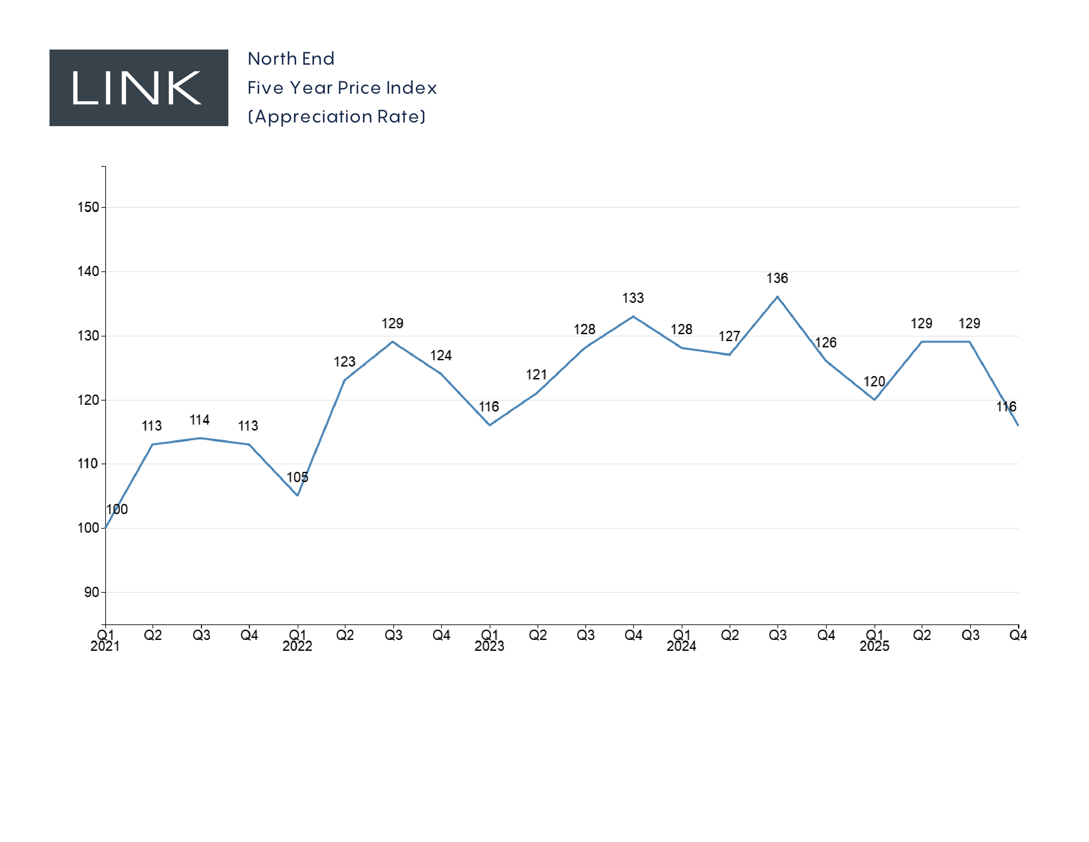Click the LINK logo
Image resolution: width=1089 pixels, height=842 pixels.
(139, 88)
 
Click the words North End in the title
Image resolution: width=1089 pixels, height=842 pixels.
(291, 59)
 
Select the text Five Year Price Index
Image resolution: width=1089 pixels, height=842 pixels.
(342, 88)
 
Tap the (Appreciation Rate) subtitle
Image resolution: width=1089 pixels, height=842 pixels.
(337, 117)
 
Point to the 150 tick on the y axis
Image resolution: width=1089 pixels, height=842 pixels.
(88, 207)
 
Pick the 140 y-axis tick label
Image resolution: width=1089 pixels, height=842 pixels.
(88, 271)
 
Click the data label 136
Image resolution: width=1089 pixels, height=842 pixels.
(777, 278)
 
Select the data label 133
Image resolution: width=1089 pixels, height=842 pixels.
(633, 298)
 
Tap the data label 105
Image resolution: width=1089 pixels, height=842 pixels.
(297, 477)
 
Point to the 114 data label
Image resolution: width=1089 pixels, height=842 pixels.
(199, 420)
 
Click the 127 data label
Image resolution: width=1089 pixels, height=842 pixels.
(729, 336)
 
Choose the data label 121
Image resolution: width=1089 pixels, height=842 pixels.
(536, 375)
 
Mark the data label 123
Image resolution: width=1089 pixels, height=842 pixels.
(344, 362)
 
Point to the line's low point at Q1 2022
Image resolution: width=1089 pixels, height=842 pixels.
(298, 495)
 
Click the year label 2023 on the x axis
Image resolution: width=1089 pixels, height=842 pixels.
(489, 647)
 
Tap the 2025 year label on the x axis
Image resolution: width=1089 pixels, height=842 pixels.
(874, 647)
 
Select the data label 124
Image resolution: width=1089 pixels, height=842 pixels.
(441, 356)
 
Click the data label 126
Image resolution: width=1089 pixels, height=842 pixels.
(826, 343)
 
